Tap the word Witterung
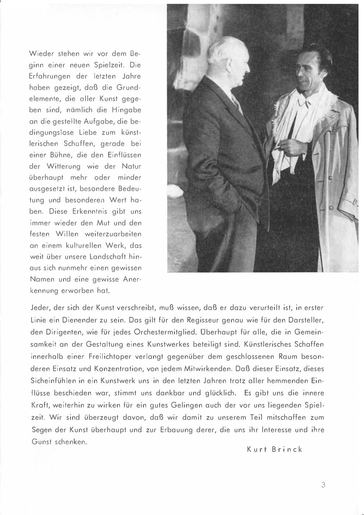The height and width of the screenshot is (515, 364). click(61, 166)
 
